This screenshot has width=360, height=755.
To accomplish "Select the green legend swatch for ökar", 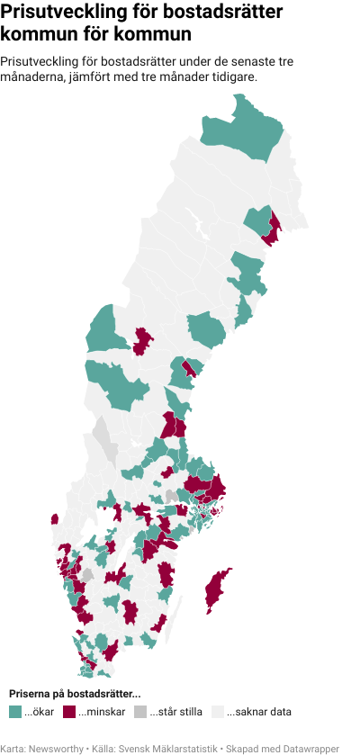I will tap(14, 712).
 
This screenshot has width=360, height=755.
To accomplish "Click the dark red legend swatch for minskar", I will tap(69, 712).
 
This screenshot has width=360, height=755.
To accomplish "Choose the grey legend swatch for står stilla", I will tap(140, 712).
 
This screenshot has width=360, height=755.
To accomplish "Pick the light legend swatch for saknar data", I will tap(217, 712).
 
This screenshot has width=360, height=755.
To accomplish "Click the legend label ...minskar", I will tap(102, 712).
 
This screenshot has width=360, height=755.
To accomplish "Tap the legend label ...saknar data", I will tap(258, 712).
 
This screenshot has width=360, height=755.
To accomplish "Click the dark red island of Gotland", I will tap(216, 589).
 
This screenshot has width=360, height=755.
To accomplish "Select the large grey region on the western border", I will tap(104, 436).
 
